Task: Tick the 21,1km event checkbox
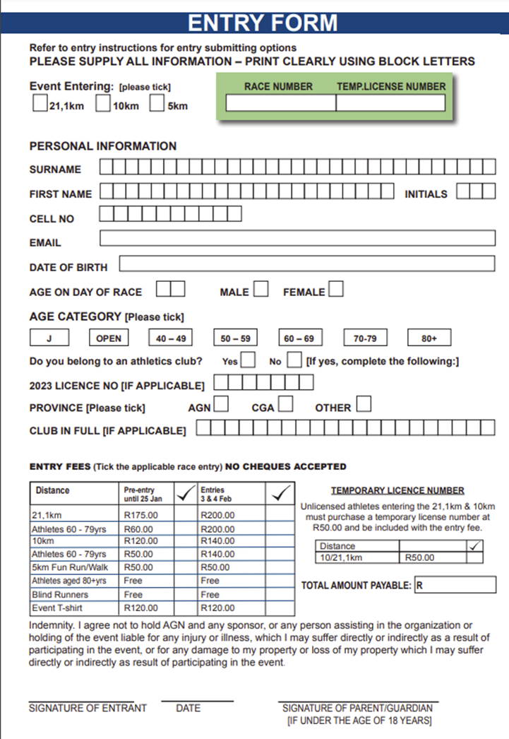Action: click(x=40, y=105)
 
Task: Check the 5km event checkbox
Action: click(x=156, y=105)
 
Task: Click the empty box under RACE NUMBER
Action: click(x=280, y=103)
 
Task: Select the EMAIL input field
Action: click(x=297, y=238)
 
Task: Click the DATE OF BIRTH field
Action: click(x=306, y=264)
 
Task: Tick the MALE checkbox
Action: click(x=261, y=289)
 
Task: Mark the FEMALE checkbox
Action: click(x=336, y=289)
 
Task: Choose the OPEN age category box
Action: click(x=108, y=338)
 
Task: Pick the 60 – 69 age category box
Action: click(x=299, y=338)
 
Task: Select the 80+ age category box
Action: click(x=429, y=338)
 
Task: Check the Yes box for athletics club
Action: click(x=248, y=360)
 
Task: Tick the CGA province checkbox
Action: click(x=285, y=405)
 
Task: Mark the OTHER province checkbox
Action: click(x=364, y=405)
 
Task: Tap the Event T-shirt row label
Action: click(x=54, y=608)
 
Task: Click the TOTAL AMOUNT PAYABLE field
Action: click(x=455, y=585)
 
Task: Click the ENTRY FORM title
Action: click(x=262, y=23)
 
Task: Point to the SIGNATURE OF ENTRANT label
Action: click(x=88, y=708)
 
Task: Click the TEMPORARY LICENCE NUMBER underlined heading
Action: click(x=397, y=490)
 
